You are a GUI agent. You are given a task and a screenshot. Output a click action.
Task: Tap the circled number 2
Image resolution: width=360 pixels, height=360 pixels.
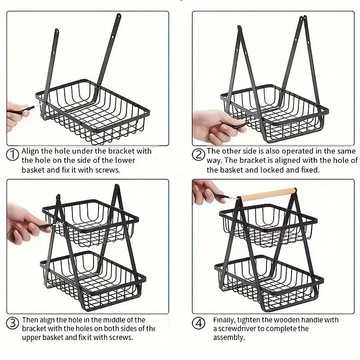pos(198,154)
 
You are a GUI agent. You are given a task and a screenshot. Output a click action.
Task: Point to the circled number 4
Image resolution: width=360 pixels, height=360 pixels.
pos(198,323)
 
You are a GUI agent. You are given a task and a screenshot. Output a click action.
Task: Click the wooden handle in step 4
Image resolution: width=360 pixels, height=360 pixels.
pos(266,195)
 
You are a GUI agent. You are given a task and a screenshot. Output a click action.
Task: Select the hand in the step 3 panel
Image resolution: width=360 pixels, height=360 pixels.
pos(22,223)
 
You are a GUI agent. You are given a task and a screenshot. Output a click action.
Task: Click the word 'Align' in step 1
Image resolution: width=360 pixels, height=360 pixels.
pos(30,151)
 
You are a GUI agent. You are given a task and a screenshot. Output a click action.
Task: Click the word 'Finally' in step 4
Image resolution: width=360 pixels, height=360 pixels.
pos(225,320)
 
